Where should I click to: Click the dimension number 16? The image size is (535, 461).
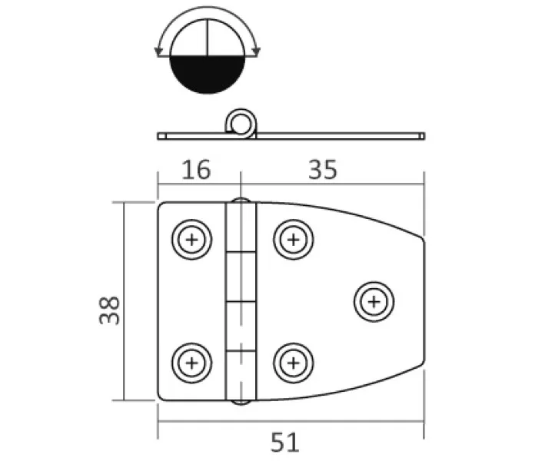click(196, 170)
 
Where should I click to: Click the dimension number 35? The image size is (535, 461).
click(323, 170)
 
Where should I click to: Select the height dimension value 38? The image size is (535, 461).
click(109, 310)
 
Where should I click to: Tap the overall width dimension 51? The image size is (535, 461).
click(285, 443)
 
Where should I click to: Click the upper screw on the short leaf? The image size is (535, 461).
click(191, 240)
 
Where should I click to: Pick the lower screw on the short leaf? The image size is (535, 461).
click(191, 363)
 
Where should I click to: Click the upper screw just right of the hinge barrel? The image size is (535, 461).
click(294, 240)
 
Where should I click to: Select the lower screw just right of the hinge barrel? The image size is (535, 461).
click(294, 363)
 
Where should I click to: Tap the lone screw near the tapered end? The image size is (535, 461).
click(374, 302)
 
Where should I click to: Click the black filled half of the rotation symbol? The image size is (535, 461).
click(208, 73)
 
